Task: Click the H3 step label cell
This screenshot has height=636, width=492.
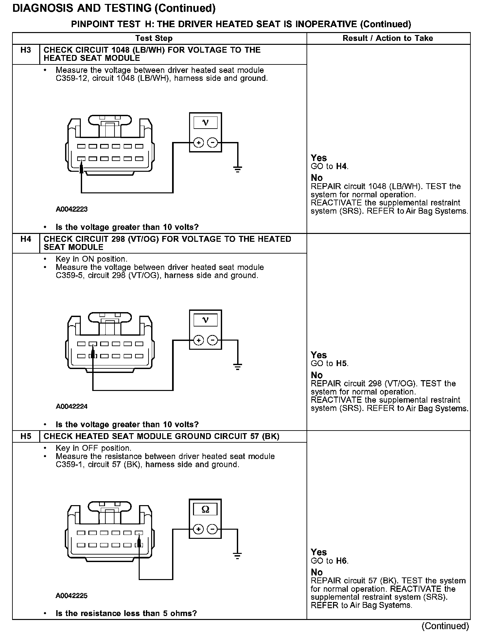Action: [26, 50]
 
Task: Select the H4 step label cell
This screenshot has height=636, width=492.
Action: [26, 239]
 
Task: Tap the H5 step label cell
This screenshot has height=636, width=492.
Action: [26, 436]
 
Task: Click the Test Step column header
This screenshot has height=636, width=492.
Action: [154, 38]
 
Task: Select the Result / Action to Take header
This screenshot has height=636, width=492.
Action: [388, 38]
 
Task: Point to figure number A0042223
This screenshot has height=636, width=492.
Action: [72, 209]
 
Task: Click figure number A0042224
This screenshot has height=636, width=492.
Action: [72, 407]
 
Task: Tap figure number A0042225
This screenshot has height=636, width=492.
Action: [72, 595]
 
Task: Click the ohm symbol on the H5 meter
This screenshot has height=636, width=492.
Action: [205, 509]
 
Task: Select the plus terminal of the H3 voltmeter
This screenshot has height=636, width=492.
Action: [199, 143]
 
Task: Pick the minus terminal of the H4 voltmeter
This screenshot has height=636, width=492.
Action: [213, 340]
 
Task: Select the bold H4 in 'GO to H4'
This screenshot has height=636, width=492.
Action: [342, 167]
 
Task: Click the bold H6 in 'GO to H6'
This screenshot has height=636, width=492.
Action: [342, 561]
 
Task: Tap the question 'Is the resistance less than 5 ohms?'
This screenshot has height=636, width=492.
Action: [126, 613]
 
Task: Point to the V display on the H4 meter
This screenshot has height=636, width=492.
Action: [205, 320]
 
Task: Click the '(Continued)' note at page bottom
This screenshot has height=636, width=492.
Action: [445, 626]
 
